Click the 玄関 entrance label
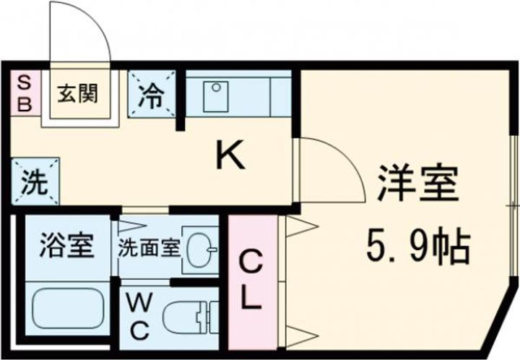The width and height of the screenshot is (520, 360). (x=79, y=94)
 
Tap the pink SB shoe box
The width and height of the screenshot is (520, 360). (x=25, y=93)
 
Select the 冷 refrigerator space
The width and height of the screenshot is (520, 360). (x=152, y=95)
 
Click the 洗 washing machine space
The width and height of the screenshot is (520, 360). (x=34, y=183)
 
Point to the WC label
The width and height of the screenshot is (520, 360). (x=139, y=318)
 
